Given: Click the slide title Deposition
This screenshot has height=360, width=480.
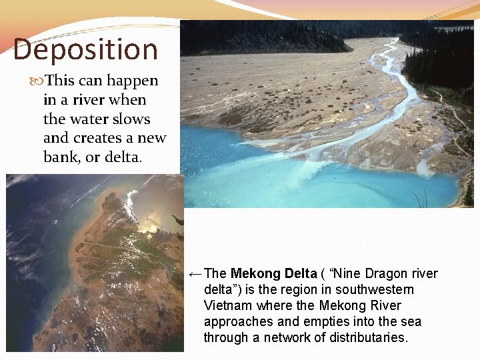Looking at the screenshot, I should (85, 50).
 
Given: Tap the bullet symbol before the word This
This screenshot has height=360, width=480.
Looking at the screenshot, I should (37, 81).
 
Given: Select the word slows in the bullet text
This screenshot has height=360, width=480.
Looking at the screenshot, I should (134, 119).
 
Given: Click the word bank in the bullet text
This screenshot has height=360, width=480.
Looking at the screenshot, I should (59, 158).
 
